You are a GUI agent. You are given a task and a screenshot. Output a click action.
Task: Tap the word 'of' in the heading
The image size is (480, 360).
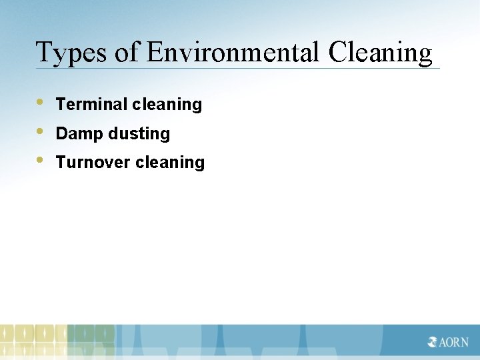coord(127,53)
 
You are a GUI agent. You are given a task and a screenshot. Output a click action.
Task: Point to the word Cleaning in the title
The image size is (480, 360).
coord(380,53)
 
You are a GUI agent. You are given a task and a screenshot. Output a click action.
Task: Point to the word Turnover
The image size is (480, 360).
coord(93,162)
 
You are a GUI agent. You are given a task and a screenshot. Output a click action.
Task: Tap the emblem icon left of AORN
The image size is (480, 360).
coord(433,343)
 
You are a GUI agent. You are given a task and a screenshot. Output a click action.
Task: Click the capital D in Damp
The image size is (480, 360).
coord(61,133)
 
